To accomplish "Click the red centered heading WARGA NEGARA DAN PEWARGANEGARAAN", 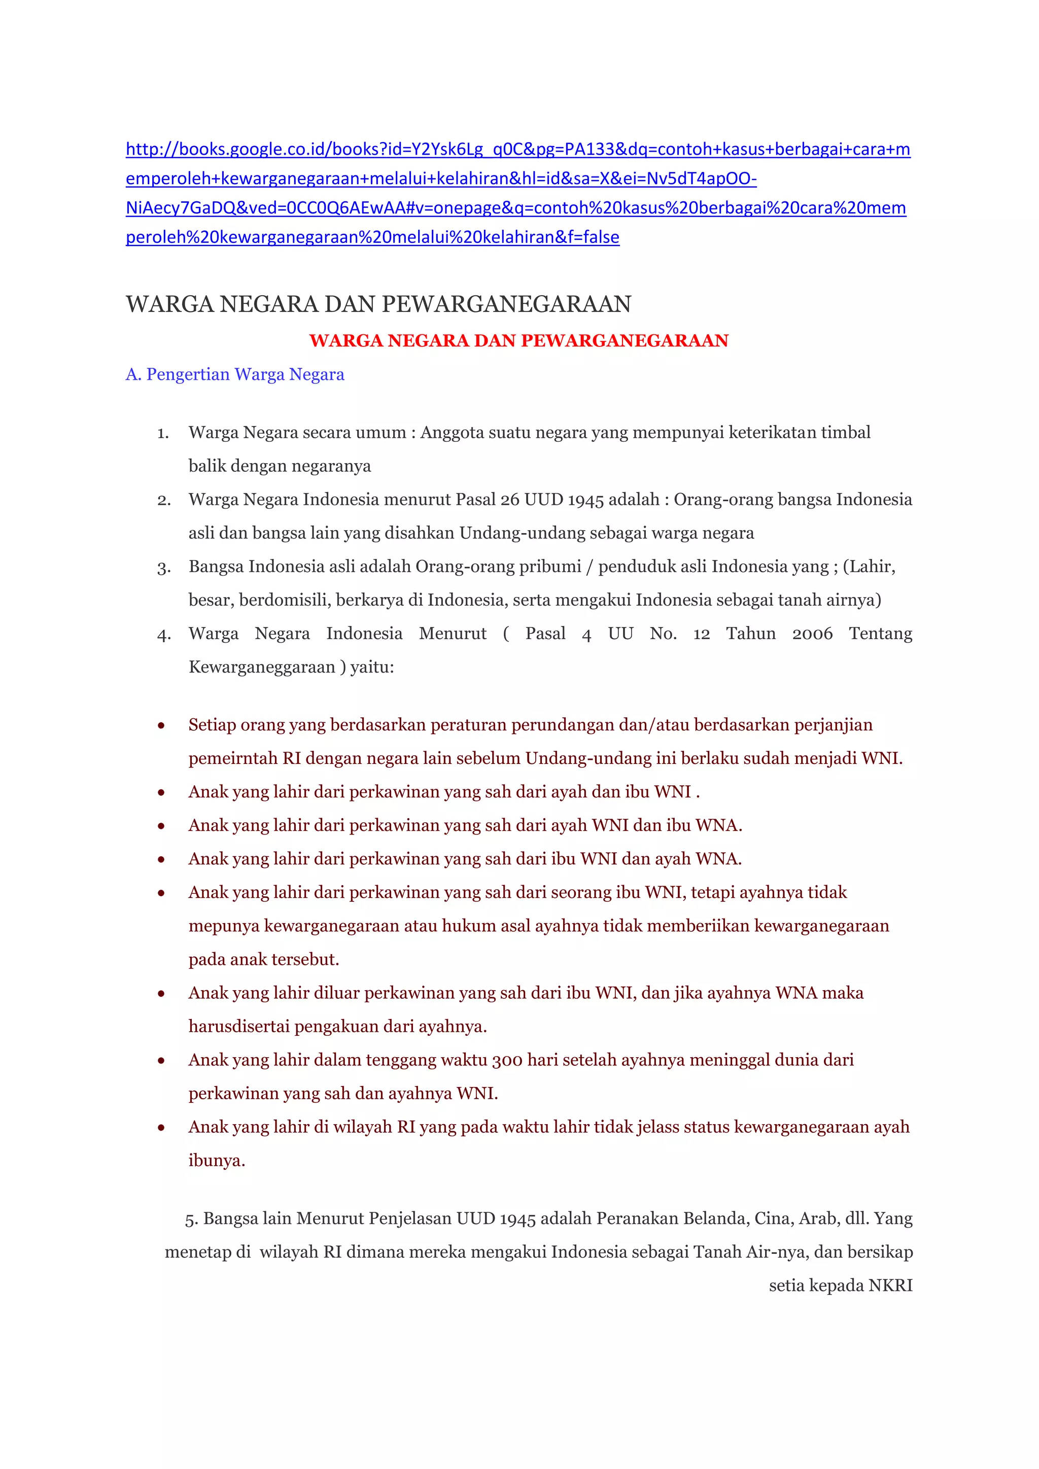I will pyautogui.click(x=519, y=340).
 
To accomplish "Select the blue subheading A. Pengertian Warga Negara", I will pyautogui.click(x=235, y=374).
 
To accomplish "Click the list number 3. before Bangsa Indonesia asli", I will pyautogui.click(x=164, y=568).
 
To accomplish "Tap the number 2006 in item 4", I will pyautogui.click(x=812, y=634).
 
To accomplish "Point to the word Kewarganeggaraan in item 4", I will pyautogui.click(x=262, y=668).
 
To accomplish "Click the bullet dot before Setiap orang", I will pyautogui.click(x=161, y=725).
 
